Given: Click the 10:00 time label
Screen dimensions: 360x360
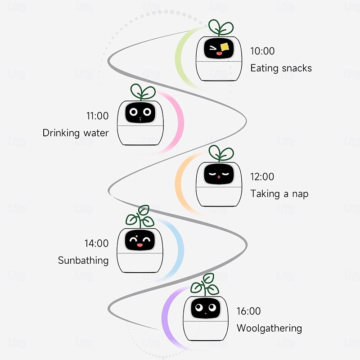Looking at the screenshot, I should pos(262,51).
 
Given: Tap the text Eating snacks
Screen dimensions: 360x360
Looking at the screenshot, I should pos(281,68).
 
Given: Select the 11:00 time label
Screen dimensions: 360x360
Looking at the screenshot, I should pos(97,116).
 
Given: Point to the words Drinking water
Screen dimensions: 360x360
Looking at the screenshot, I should pos(76,133).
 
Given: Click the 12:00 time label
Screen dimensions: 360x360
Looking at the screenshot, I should pos(262,177).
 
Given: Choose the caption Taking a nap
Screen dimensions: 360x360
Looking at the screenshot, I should pos(279,194).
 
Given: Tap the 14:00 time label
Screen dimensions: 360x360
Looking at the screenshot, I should pos(96,243).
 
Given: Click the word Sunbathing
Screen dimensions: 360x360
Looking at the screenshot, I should pos(83,261).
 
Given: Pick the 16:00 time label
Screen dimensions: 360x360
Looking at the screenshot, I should pos(249,311).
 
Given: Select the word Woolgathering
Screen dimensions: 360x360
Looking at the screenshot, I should pos(269,328).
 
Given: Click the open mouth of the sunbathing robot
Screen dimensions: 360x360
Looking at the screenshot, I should pos(139,245).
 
